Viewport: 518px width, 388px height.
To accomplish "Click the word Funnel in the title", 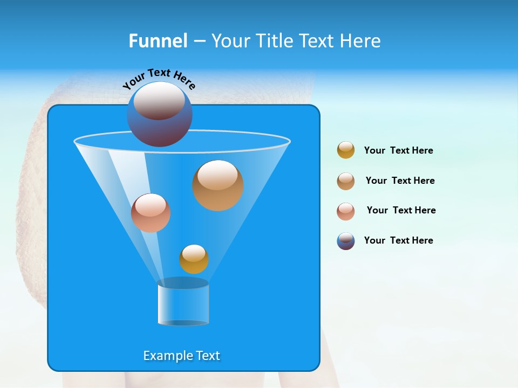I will pyautogui.click(x=158, y=41).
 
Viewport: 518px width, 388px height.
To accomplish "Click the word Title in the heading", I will pyautogui.click(x=275, y=41).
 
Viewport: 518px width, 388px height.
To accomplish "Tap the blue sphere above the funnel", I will pyautogui.click(x=159, y=114).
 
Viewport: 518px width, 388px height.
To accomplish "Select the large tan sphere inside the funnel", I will pyautogui.click(x=217, y=185).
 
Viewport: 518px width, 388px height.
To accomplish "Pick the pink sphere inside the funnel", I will pyautogui.click(x=151, y=213).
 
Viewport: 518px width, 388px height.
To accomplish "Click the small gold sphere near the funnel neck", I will pyautogui.click(x=194, y=259).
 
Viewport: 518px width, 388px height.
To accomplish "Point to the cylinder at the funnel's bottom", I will pyautogui.click(x=183, y=303).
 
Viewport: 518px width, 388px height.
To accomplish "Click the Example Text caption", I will pyautogui.click(x=181, y=356).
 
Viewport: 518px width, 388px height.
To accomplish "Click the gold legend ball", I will pyautogui.click(x=346, y=150).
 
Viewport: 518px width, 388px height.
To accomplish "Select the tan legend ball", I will pyautogui.click(x=346, y=181).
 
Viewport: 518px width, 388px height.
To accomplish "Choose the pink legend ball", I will pyautogui.click(x=346, y=211).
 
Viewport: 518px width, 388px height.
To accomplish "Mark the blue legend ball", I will pyautogui.click(x=346, y=241).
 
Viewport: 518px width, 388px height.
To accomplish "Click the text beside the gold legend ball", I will pyautogui.click(x=398, y=150).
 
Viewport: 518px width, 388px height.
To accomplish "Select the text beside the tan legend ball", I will pyautogui.click(x=400, y=181).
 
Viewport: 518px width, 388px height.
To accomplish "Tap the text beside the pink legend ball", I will pyautogui.click(x=401, y=210).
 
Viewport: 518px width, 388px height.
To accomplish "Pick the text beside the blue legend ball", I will pyautogui.click(x=398, y=240).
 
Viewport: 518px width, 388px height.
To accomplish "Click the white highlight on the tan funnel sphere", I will pyautogui.click(x=217, y=175).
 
